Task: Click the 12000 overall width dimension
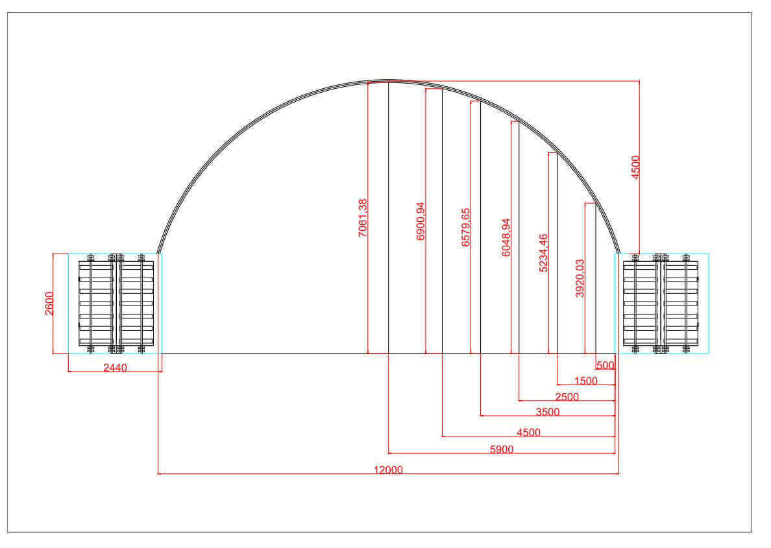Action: pyautogui.click(x=388, y=470)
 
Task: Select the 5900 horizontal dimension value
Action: pyautogui.click(x=502, y=449)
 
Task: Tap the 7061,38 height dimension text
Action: pyautogui.click(x=363, y=218)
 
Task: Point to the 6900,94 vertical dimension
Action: pyautogui.click(x=421, y=221)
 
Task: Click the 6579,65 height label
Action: pyautogui.click(x=465, y=227)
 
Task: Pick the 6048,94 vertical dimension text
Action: pyautogui.click(x=506, y=238)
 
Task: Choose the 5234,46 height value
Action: pyautogui.click(x=543, y=253)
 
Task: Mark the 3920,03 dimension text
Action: pyautogui.click(x=580, y=278)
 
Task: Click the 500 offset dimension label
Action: pyautogui.click(x=606, y=366)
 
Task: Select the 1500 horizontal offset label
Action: pyautogui.click(x=585, y=381)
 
